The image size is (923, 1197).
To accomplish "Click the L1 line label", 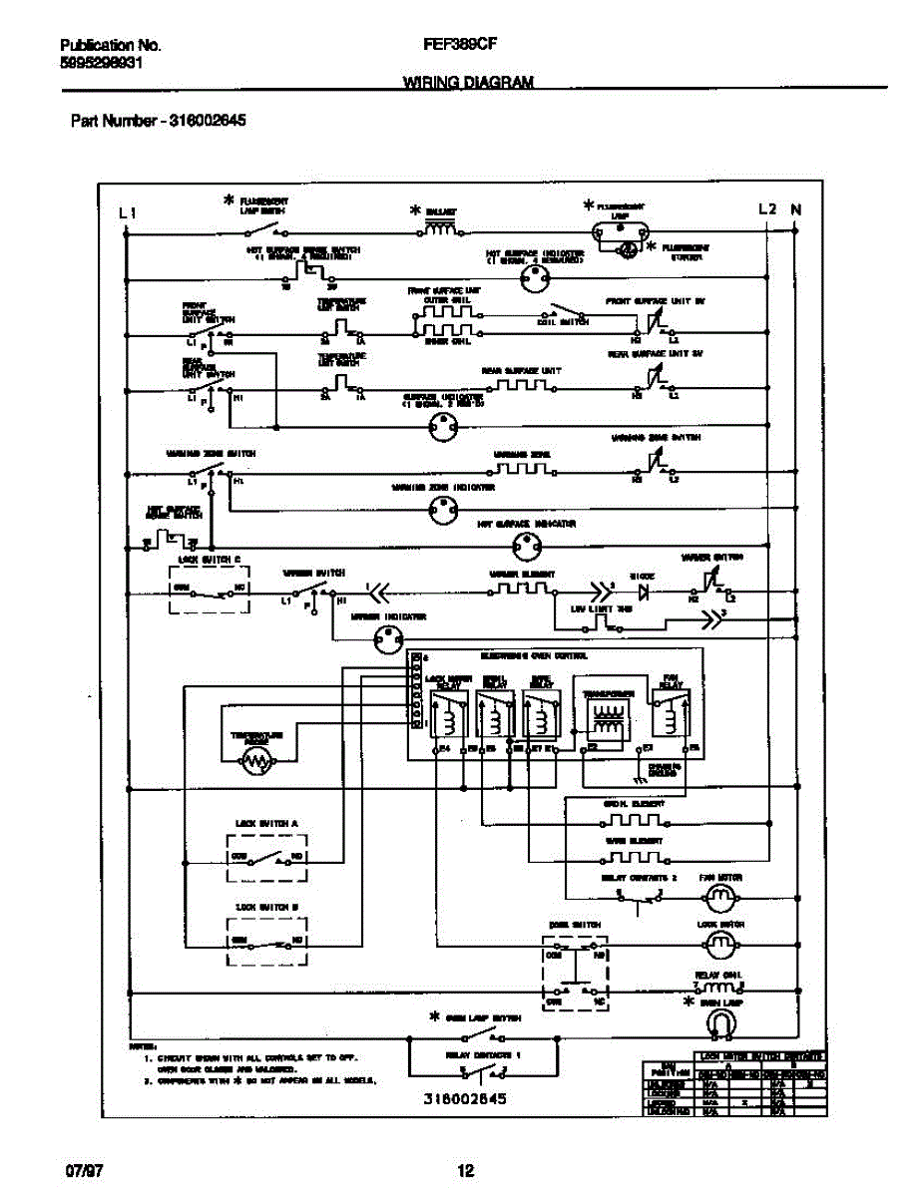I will pos(126,211).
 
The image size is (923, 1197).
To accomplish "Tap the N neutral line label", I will pos(795,209).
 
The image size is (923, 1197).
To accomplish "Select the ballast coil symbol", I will pos(439,229).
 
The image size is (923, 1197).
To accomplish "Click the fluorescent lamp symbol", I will pos(621,229).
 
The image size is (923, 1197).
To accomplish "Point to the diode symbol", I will pos(644,592).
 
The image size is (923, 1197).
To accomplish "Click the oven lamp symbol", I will pos(719,1022).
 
